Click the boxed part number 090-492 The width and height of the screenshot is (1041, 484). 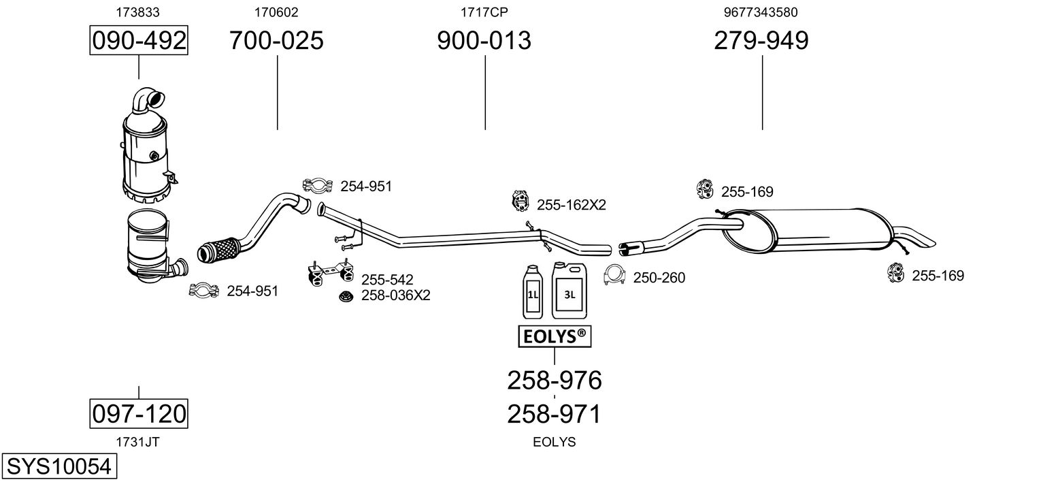point(139,40)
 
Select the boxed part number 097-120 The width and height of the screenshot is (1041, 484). point(139,413)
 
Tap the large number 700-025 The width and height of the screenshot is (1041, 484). point(276,40)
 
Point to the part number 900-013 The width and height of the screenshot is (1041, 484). point(484,40)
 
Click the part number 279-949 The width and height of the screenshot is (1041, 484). point(761,40)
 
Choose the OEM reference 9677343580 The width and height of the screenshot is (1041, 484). point(761,12)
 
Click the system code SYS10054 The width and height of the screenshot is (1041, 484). point(59,466)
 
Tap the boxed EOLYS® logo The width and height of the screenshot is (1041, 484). point(555,336)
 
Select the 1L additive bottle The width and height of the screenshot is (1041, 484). point(533,292)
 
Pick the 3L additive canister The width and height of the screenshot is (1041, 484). point(569,290)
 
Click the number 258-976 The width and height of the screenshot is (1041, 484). point(555,381)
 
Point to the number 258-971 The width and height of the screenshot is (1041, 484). point(555,414)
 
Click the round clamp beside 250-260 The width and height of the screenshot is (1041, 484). point(614,275)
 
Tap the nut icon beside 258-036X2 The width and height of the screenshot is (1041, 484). point(346,295)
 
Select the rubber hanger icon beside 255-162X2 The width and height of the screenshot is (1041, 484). point(520,201)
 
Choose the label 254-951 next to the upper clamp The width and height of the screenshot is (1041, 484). point(366,187)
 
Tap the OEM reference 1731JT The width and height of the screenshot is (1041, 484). point(137,442)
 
